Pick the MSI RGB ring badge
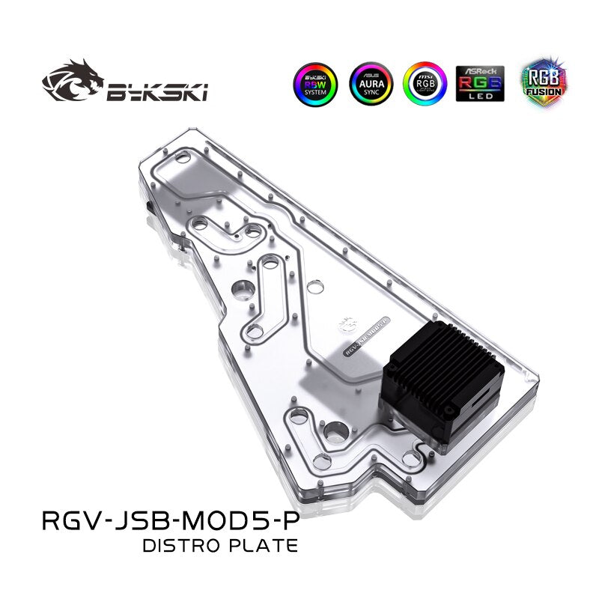(x=425, y=83)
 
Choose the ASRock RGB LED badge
(x=480, y=82)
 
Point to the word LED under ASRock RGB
(x=480, y=97)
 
